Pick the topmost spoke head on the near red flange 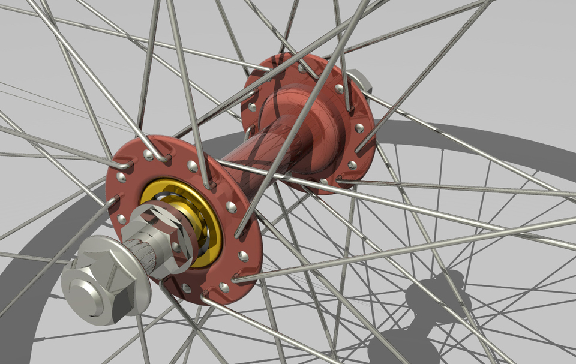click(x=148, y=155)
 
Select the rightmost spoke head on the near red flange click(x=243, y=256)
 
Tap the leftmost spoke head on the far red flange click(x=252, y=108)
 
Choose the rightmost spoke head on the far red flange click(x=359, y=128)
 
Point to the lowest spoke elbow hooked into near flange click(x=204, y=296)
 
